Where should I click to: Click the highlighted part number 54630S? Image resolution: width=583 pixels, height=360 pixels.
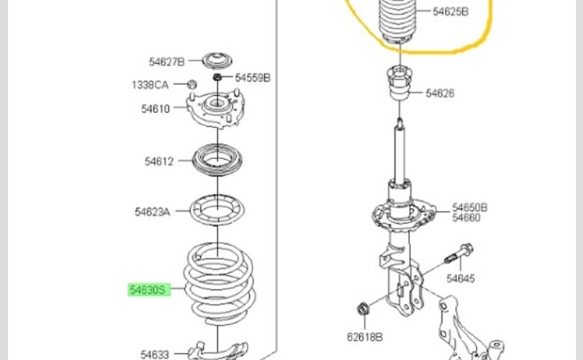pos(149,289)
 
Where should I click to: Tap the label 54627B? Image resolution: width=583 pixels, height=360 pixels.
pos(166,62)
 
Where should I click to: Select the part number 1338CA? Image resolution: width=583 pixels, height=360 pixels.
pos(150,85)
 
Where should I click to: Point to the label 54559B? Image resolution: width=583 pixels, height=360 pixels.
pos(253,78)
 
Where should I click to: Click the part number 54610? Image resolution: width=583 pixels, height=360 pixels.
pos(155,109)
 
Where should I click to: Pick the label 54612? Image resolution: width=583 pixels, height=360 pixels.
pos(159,161)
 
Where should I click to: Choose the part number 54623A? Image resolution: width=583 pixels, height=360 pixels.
pos(153,212)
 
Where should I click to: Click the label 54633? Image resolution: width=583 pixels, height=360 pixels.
pos(155,354)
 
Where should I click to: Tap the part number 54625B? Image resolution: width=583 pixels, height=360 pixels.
pos(451,12)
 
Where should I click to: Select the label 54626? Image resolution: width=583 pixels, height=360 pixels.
pos(440,93)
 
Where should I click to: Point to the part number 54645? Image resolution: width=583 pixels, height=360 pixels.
pos(461,278)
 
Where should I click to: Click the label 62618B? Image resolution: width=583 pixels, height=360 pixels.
pos(365,337)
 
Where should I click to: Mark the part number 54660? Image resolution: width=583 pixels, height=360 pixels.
pos(466,217)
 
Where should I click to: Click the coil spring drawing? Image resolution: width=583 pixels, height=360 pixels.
pos(220,284)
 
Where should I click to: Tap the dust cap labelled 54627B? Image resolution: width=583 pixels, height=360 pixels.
pos(217,60)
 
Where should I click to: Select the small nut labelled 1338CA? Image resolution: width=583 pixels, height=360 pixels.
pos(192,84)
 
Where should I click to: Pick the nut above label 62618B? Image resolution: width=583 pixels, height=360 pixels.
pos(363,309)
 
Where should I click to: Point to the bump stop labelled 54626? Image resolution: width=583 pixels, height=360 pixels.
pos(399,83)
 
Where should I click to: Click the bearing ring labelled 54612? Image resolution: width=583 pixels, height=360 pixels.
pos(217,160)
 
